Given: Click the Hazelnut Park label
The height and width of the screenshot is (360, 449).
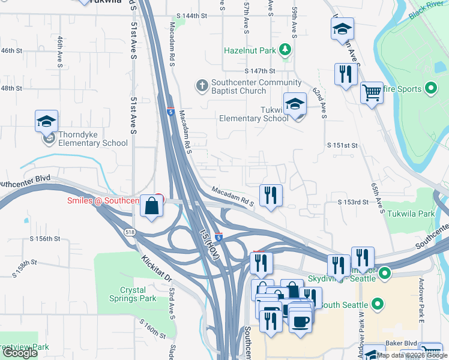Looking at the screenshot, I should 252,50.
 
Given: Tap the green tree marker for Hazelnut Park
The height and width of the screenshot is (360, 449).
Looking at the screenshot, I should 287,50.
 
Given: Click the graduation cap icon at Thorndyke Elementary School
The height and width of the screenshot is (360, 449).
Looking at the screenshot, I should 46,122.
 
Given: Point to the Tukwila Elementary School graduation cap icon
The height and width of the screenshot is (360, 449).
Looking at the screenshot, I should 295,104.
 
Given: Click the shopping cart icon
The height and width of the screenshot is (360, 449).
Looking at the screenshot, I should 372,92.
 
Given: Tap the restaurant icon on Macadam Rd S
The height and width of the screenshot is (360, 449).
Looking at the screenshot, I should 271,194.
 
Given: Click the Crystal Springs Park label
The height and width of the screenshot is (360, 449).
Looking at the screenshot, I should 133,293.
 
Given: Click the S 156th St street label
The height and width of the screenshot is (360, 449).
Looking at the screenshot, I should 45,238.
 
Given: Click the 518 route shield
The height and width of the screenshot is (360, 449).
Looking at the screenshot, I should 130,232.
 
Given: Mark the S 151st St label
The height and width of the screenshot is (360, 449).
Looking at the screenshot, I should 342,145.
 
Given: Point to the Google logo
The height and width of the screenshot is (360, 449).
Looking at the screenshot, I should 20,353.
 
